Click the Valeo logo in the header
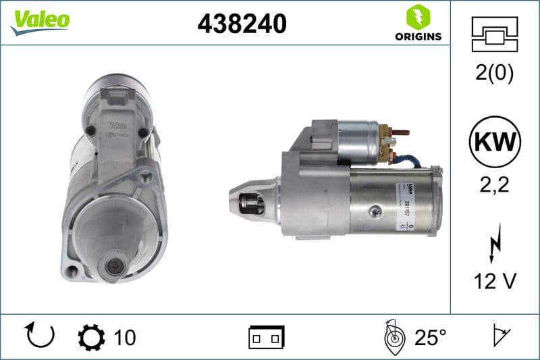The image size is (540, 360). (40, 21)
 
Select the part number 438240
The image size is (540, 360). (242, 24)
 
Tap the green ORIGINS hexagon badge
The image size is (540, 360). (418, 17)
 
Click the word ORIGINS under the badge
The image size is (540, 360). (418, 36)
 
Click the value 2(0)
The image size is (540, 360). (494, 74)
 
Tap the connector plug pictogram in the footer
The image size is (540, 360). (267, 336)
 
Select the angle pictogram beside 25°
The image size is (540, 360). (393, 336)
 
